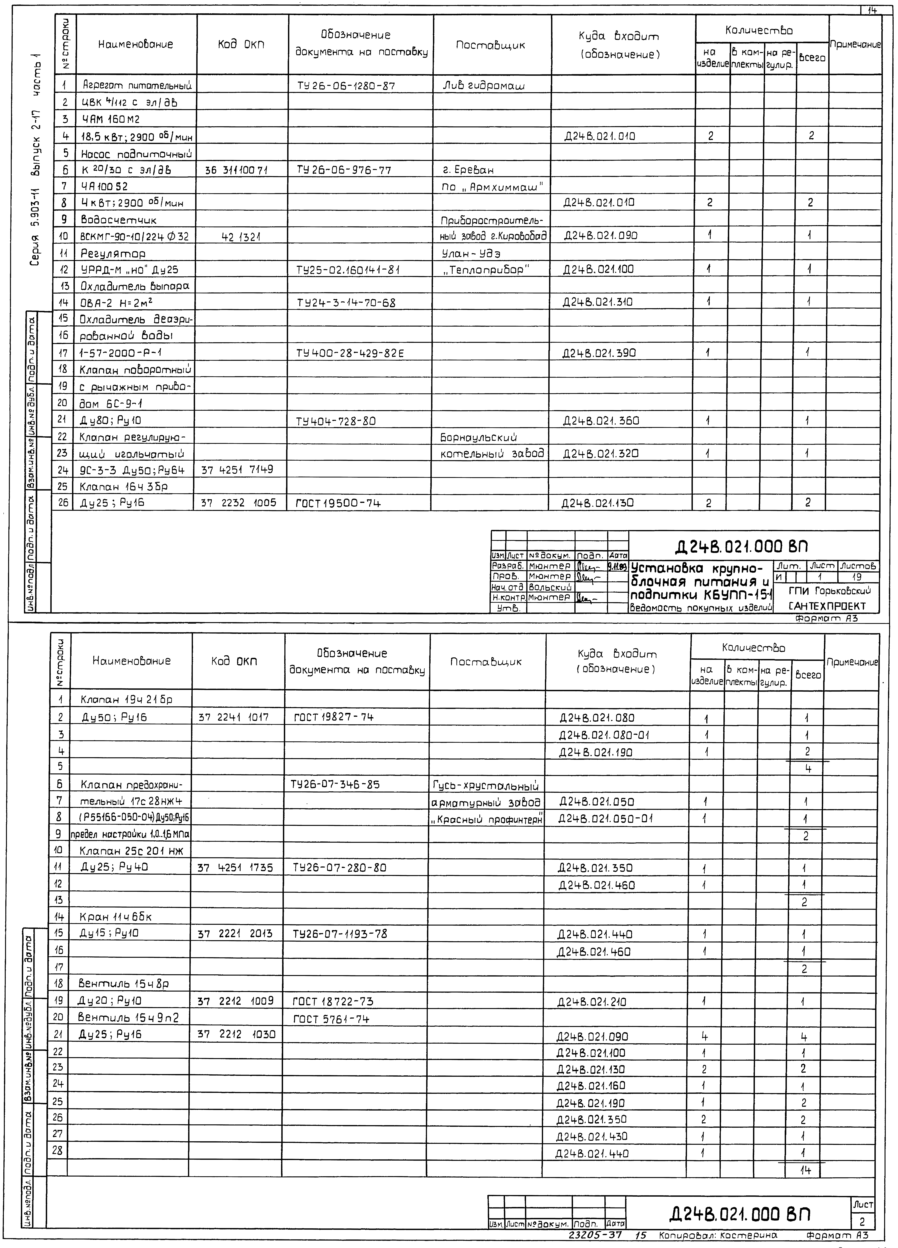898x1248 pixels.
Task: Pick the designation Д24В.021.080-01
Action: (x=604, y=735)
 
